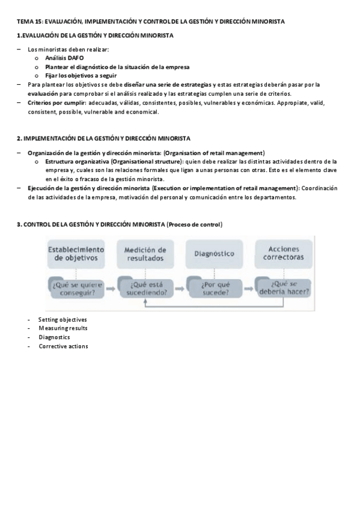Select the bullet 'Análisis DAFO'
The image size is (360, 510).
(x=64, y=58)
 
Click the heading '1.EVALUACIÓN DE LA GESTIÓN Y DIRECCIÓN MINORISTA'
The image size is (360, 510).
(x=95, y=35)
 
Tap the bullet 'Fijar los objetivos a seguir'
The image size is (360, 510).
(x=81, y=76)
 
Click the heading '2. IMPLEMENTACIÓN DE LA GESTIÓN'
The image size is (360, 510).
(x=103, y=138)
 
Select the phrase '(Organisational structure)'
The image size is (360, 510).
(x=146, y=161)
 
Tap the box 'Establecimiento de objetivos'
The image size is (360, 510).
(x=76, y=253)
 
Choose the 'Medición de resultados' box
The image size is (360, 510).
(x=145, y=253)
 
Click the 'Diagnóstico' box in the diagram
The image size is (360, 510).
(x=214, y=253)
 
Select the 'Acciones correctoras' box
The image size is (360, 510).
(x=282, y=253)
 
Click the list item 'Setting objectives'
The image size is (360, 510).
(x=63, y=319)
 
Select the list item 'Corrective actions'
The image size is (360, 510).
(x=63, y=346)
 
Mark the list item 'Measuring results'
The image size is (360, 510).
(x=63, y=328)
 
